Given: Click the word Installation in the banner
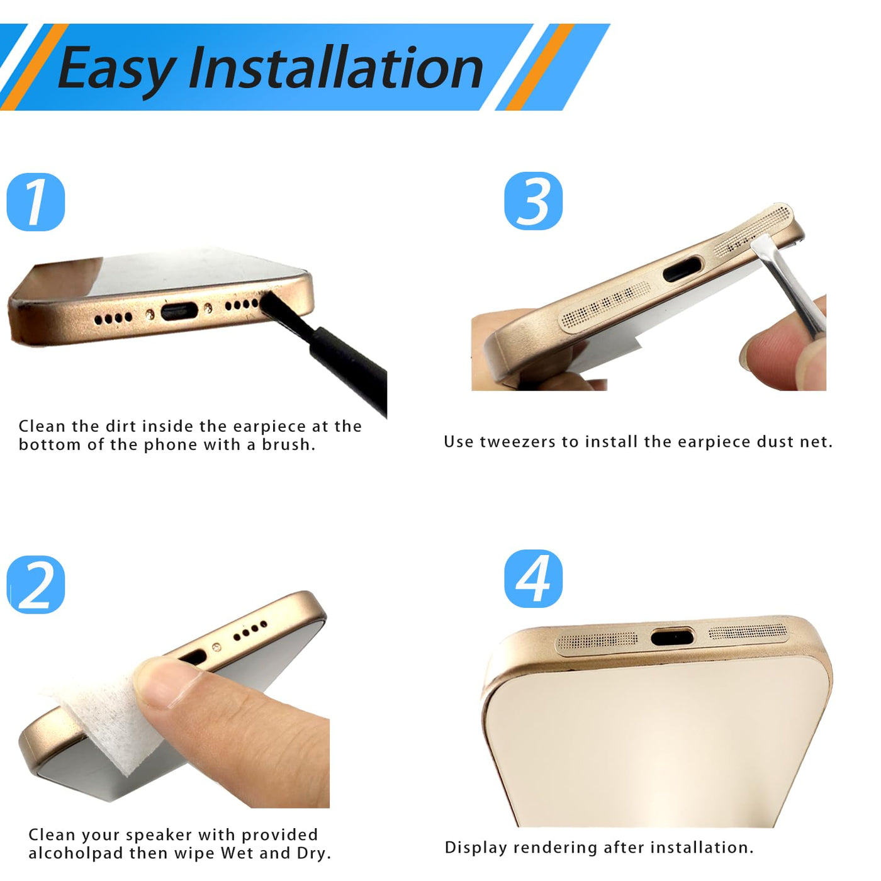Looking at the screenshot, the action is click(x=337, y=67).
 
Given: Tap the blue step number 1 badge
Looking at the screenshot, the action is click(x=36, y=202).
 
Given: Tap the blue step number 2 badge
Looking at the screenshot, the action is click(x=36, y=585).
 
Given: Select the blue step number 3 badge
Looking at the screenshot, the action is click(x=533, y=201).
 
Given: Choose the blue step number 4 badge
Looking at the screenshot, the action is click(x=533, y=578).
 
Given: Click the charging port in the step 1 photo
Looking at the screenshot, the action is click(x=179, y=311).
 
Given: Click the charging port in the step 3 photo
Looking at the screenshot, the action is click(x=682, y=269).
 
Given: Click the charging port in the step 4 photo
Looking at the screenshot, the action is click(x=671, y=636).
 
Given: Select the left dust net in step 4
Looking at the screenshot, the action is click(x=597, y=640).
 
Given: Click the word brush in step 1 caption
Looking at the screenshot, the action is click(x=288, y=444).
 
